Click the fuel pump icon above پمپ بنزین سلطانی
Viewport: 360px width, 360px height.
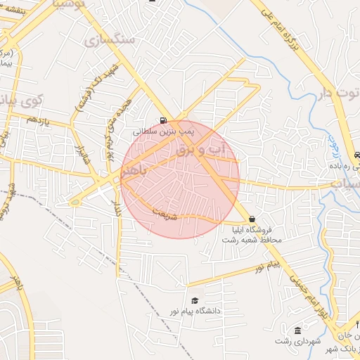click(164, 120)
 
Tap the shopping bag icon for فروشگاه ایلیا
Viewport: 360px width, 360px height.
click(252, 219)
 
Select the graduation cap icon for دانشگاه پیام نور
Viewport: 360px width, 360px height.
click(195, 300)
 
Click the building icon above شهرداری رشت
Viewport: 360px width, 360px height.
click(298, 331)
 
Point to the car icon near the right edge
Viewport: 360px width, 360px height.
click(357, 155)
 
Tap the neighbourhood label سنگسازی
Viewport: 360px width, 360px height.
click(109, 41)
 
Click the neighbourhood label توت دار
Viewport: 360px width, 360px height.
click(335, 93)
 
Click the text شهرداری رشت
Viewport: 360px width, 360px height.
click(298, 341)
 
